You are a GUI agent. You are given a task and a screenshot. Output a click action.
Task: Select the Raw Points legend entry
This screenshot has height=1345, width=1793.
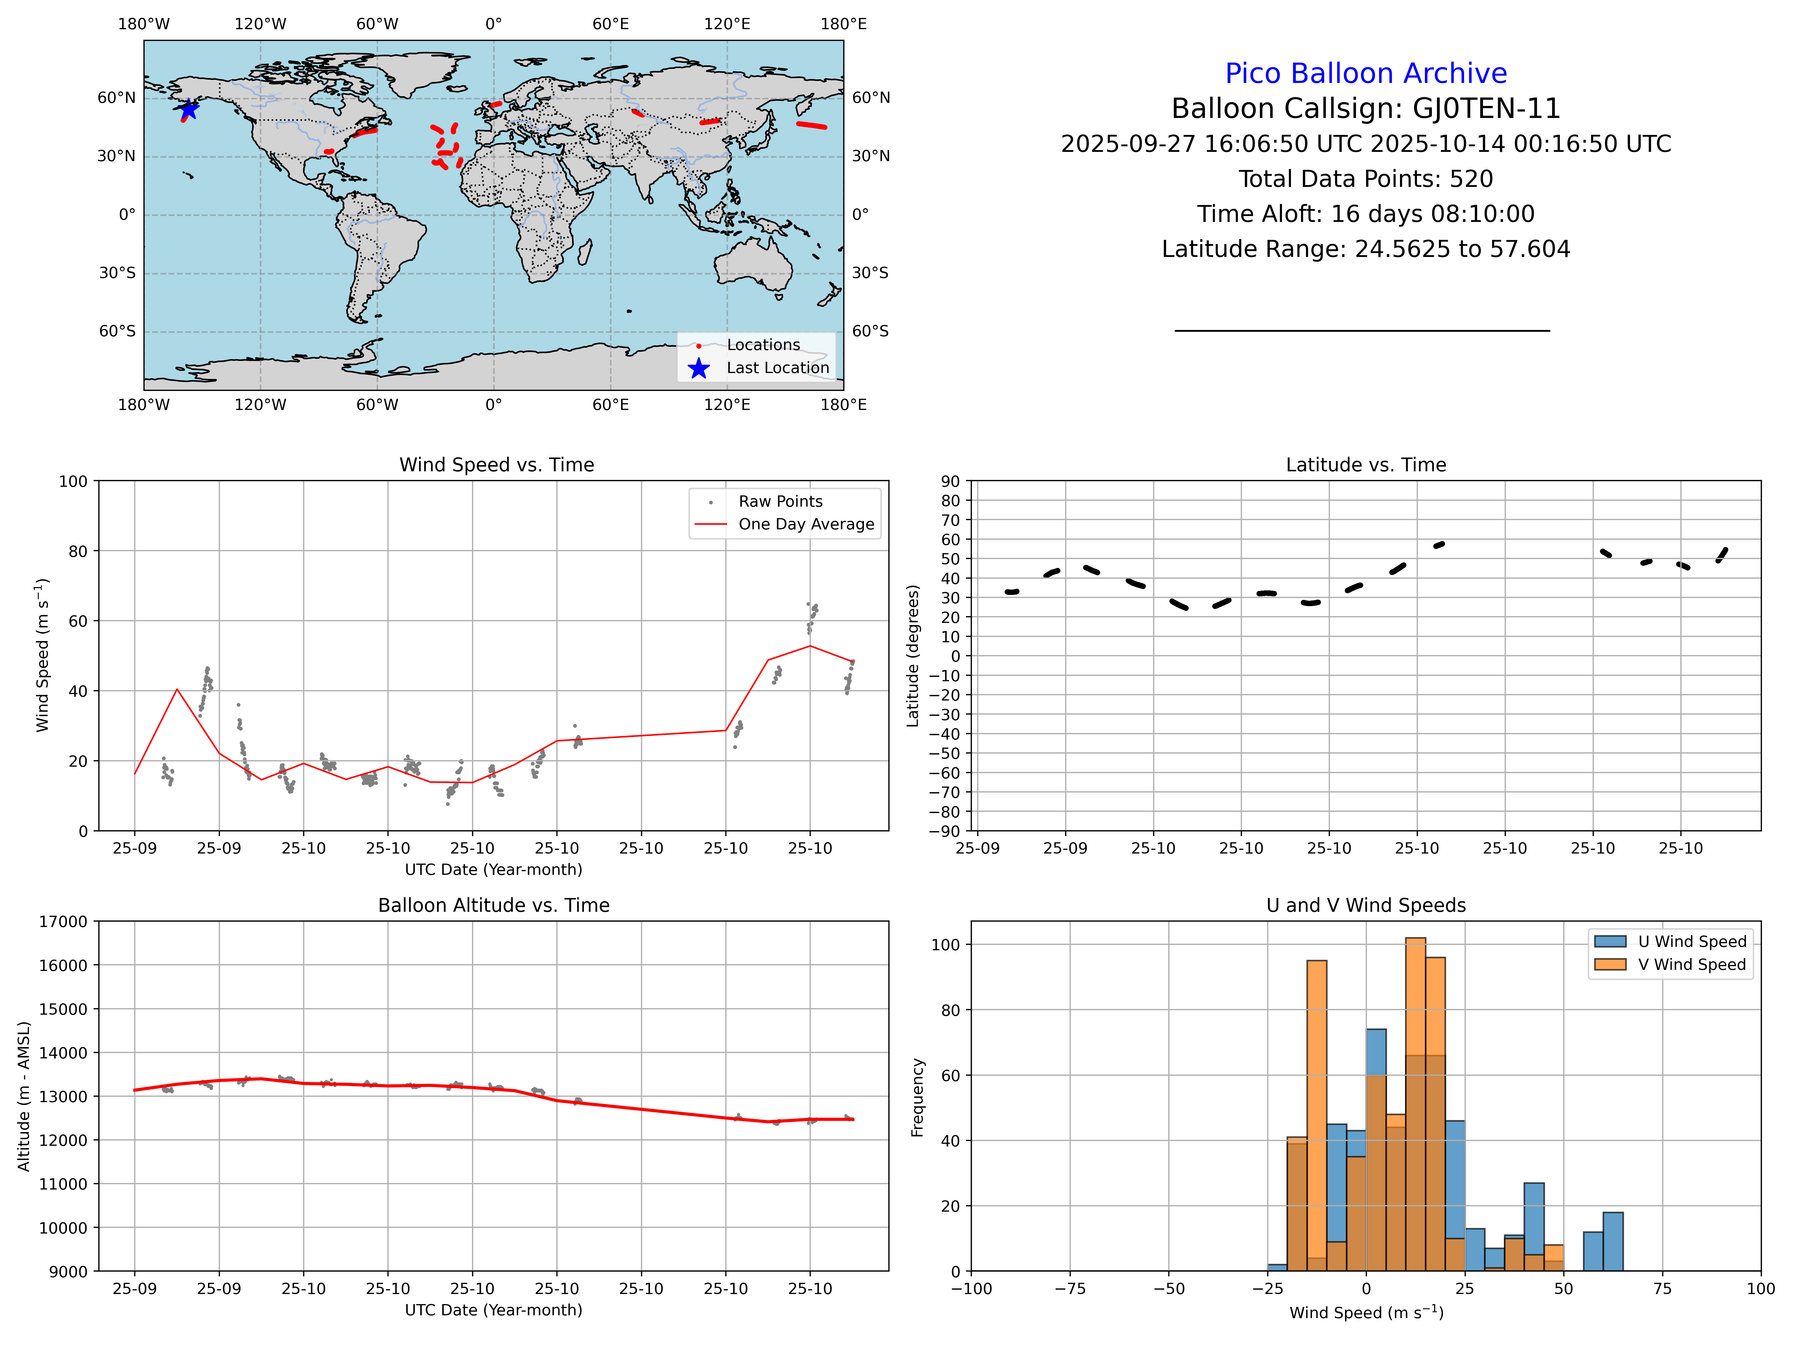(x=780, y=502)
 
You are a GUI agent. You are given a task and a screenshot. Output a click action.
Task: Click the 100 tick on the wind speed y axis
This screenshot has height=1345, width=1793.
(x=73, y=482)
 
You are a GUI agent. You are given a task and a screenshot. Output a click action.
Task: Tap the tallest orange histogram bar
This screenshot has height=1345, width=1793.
(x=1415, y=1103)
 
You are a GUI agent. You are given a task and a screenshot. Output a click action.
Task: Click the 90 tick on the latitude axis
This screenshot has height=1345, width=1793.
(x=950, y=482)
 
